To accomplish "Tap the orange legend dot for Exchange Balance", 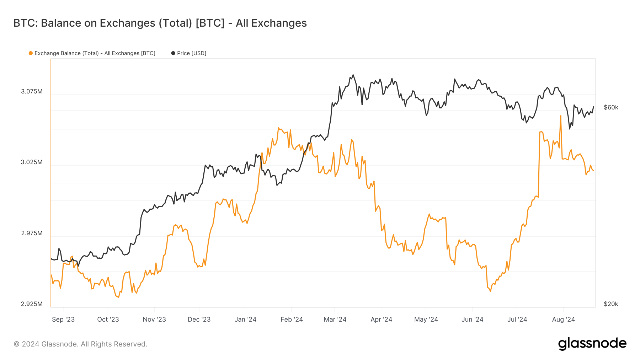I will pos(31,53).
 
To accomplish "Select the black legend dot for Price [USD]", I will pos(173,53).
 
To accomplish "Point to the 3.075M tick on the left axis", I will pos(32,91).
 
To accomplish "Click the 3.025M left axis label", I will pos(32,162).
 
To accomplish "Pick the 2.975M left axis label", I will pos(32,233).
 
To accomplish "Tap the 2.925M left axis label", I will pos(32,304).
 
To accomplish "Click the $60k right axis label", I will pos(611,107).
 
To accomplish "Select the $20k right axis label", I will pos(611,304).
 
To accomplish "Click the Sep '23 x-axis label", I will pos(63,319).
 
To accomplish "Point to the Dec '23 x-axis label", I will pos(199,319).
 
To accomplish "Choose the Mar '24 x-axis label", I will pos(335,319).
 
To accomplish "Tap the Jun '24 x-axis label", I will pos(472,319).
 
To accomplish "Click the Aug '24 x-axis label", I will pos(563,319).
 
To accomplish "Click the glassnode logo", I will pos(592,344).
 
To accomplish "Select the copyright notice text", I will pos(80,344).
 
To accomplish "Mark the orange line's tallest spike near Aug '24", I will pos(561,116).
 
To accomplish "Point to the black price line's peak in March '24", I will pos(353,75).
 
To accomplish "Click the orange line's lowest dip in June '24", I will pos(491,291).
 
